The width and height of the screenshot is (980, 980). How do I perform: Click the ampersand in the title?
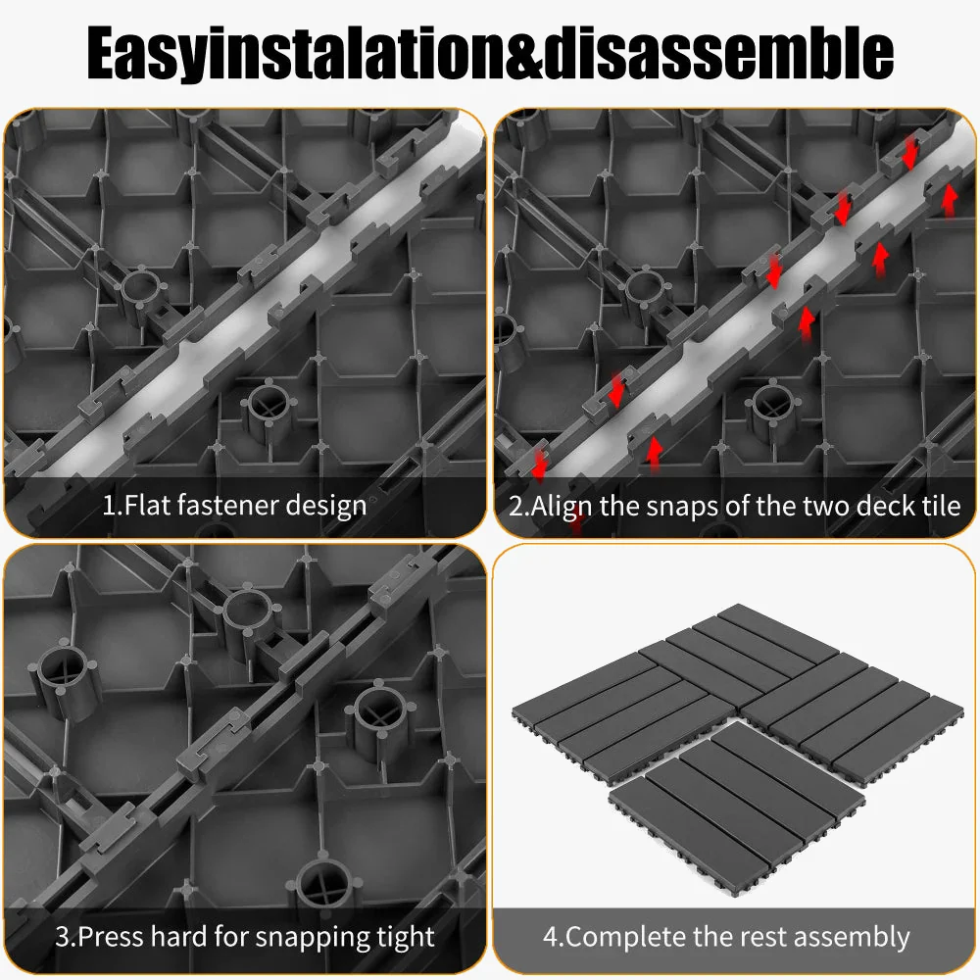click(523, 53)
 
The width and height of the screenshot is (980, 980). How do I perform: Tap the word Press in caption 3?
click(112, 936)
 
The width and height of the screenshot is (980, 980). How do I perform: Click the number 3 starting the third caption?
click(63, 936)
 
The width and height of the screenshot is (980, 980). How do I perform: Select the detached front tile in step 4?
click(736, 810)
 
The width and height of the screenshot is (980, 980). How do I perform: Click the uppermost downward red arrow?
click(909, 153)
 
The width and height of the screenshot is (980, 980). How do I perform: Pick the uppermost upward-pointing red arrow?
click(950, 199)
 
